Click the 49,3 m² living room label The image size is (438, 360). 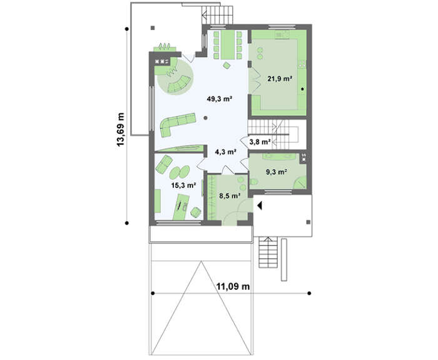(220, 99)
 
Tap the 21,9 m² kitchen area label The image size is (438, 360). (280, 78)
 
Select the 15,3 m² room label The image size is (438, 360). (183, 185)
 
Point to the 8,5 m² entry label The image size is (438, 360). (230, 195)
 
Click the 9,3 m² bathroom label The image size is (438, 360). (277, 172)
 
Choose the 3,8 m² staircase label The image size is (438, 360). (260, 141)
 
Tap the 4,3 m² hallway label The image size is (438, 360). (226, 152)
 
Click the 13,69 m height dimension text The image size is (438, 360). (120, 130)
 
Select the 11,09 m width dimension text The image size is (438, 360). (233, 286)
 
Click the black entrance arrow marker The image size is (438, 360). (260, 206)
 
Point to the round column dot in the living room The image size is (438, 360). (206, 118)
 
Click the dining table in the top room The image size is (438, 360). (228, 44)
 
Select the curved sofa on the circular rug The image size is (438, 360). (179, 85)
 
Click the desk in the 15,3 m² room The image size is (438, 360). (181, 207)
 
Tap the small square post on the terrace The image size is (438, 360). (153, 28)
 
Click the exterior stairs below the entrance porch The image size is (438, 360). (268, 252)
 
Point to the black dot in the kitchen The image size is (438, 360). (302, 89)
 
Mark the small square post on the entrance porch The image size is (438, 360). (308, 222)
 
